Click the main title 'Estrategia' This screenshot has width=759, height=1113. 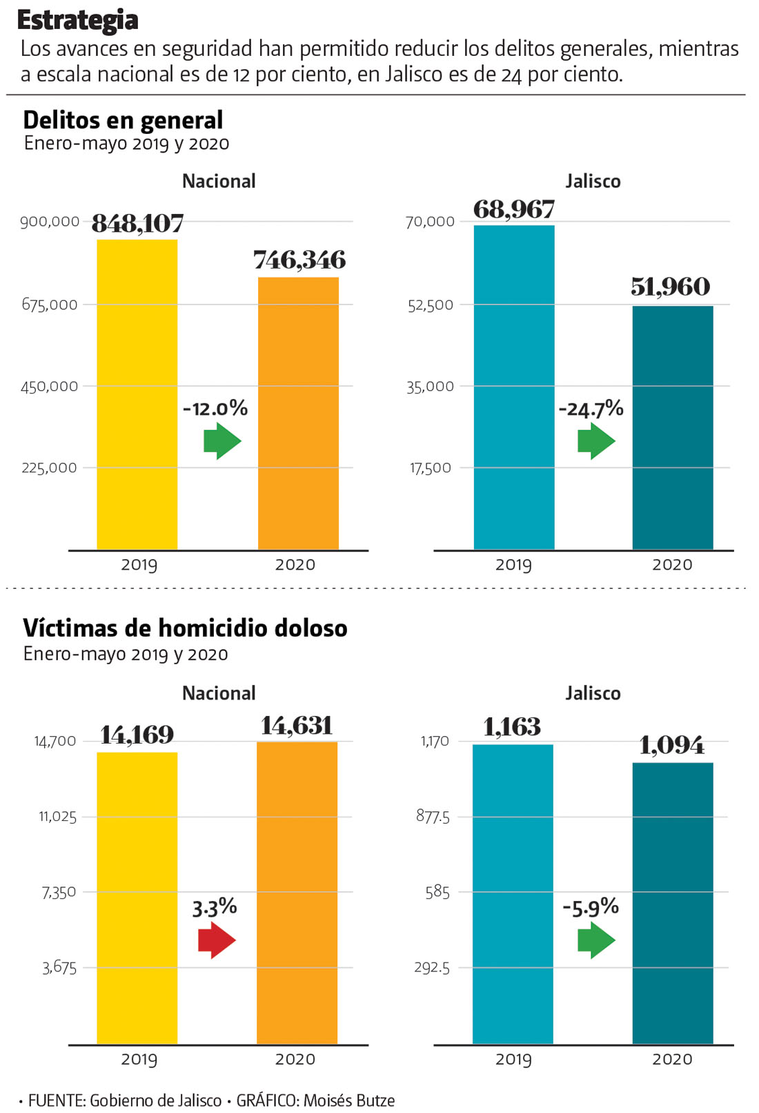click(77, 20)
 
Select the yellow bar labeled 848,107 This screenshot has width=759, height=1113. click(137, 394)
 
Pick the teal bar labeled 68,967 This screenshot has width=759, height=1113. click(514, 387)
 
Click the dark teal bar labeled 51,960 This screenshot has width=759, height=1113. click(673, 427)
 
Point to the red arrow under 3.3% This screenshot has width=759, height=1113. click(217, 940)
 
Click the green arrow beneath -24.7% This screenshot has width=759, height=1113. click(595, 441)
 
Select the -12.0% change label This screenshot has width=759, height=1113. click(215, 409)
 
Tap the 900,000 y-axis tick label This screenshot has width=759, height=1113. click(50, 222)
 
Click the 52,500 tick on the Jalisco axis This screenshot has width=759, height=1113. click(431, 305)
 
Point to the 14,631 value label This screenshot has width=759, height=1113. click(297, 726)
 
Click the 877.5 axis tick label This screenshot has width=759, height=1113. click(433, 817)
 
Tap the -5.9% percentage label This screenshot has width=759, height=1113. click(591, 907)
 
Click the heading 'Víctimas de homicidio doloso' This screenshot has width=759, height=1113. click(185, 628)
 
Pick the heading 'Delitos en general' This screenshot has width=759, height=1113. click(123, 120)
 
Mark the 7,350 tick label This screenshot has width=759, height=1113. click(59, 892)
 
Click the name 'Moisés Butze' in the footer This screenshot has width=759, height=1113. click(349, 1101)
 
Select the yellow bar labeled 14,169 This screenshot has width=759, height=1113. click(137, 898)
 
